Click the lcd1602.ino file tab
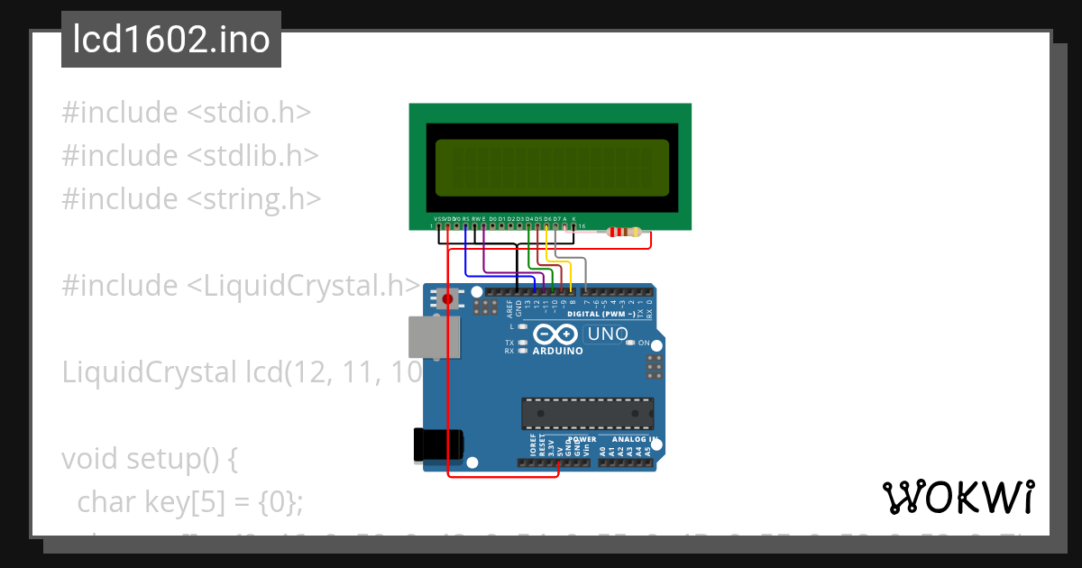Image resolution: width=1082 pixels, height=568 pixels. (170, 40)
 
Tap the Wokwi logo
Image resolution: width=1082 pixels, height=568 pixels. (958, 498)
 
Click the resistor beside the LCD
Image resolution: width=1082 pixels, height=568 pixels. (625, 232)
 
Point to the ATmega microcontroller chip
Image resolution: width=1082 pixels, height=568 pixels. (587, 413)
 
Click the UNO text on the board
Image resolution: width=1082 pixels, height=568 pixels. (608, 334)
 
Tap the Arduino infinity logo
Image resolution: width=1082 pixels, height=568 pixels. (557, 334)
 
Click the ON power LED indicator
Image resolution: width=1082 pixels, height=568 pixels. (630, 344)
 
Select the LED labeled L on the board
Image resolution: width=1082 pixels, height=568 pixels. (523, 326)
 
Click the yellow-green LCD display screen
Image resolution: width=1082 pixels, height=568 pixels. (551, 168)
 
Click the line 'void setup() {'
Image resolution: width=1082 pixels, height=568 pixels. (149, 459)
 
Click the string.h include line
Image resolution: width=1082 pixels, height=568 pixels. (190, 198)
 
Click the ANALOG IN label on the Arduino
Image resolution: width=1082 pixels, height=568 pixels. (628, 439)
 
